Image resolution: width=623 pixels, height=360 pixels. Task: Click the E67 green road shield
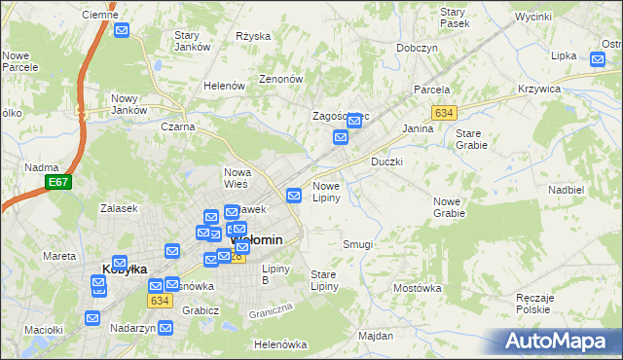tap(57, 182)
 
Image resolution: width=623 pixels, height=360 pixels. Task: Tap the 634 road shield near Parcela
tap(445, 113)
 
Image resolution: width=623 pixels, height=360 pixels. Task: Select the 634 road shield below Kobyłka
tap(161, 301)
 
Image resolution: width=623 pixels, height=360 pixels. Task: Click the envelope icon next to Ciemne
tap(122, 31)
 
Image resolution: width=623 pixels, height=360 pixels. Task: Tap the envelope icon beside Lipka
tap(598, 60)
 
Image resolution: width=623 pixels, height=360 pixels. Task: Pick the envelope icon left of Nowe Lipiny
tap(293, 196)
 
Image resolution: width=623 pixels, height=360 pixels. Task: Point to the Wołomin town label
tap(258, 239)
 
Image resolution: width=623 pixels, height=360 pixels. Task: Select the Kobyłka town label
tap(125, 270)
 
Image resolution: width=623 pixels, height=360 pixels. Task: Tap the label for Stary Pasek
tap(454, 17)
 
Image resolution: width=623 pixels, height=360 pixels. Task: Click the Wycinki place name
tap(533, 18)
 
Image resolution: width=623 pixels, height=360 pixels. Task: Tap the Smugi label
tap(357, 244)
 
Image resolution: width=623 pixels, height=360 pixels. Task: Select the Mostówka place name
tap(417, 288)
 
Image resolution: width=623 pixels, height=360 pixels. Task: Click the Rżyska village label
tap(253, 36)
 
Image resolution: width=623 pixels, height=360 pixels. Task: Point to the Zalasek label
tap(118, 208)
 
